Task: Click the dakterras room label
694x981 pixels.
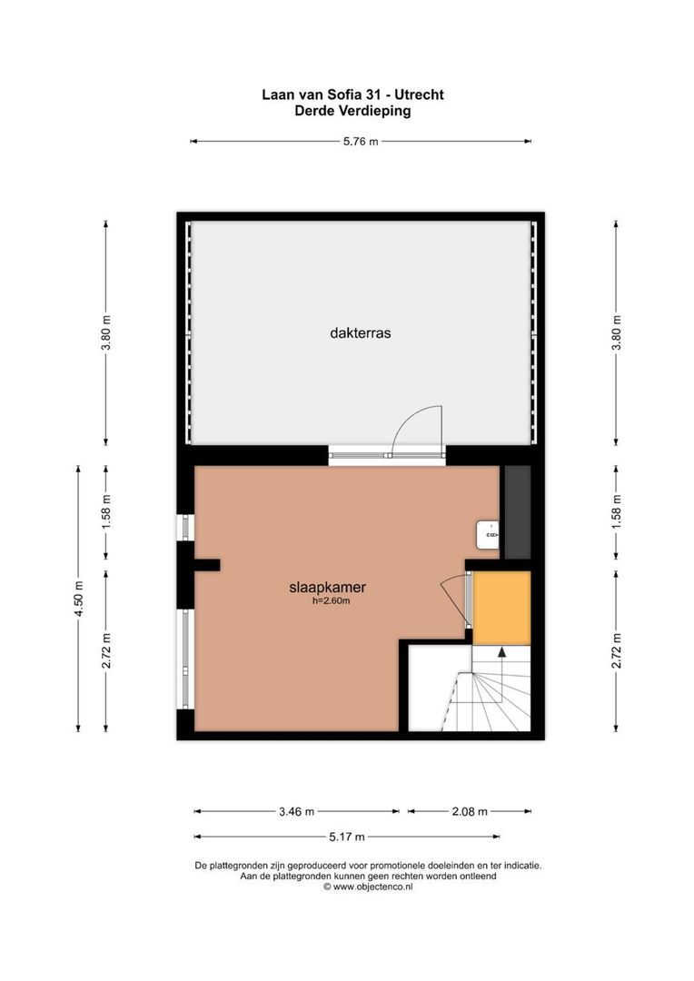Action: coord(361,333)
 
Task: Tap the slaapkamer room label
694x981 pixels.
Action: coord(333,587)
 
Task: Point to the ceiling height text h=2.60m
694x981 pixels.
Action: coord(332,600)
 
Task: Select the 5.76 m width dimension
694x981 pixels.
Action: coord(361,142)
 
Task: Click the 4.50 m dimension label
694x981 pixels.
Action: coord(79,599)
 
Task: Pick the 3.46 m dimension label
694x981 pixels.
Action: coord(296,811)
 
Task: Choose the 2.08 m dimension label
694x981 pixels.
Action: coord(470,811)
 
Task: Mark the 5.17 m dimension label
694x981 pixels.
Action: coord(347,837)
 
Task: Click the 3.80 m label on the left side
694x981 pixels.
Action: coord(106,332)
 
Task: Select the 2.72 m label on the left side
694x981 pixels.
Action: coord(106,650)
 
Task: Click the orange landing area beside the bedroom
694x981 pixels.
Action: coord(501,608)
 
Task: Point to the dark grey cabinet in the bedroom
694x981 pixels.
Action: coord(517,512)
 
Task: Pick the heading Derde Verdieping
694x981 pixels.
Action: coord(352,111)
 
